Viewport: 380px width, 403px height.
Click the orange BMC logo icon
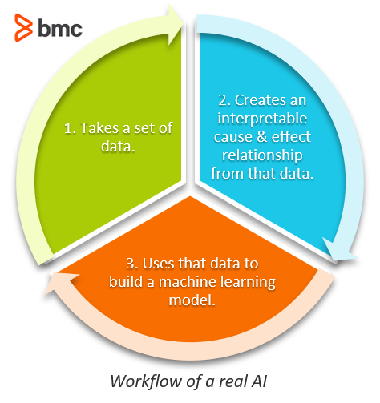(x=23, y=27)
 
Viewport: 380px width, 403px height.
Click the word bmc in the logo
(x=60, y=28)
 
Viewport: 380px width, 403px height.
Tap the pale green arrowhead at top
(x=176, y=25)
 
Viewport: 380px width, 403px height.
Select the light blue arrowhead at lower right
(x=339, y=250)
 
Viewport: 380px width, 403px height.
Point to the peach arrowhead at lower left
(x=61, y=284)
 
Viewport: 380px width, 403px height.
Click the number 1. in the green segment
(x=70, y=128)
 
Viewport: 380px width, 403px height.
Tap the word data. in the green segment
(x=118, y=146)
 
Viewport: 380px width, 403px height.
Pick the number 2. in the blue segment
(x=224, y=100)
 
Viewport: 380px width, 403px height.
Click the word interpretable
(x=262, y=119)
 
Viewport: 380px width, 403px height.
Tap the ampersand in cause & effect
(x=262, y=137)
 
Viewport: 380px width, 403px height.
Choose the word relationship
(x=262, y=155)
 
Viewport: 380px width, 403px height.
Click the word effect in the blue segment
(x=291, y=136)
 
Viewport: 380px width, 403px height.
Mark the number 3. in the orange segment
(x=132, y=264)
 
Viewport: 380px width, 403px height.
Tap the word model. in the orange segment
(x=192, y=300)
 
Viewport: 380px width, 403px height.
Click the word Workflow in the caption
(x=146, y=381)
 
